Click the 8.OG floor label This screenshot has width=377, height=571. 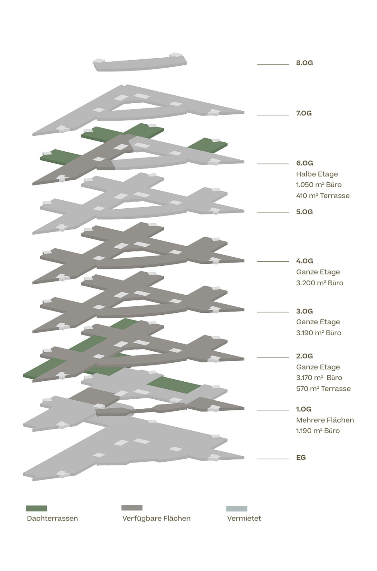(304, 63)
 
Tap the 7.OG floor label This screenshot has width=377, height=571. (304, 113)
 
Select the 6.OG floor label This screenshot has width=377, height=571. (304, 163)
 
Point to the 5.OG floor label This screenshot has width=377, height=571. (304, 212)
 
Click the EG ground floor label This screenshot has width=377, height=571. (301, 458)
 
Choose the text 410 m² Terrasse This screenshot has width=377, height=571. (323, 195)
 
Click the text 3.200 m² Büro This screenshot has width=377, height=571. (319, 283)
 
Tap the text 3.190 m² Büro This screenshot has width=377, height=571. (318, 333)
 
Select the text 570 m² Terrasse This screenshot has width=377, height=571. (323, 389)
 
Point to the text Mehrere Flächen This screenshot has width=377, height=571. (325, 420)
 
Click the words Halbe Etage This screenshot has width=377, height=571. (317, 174)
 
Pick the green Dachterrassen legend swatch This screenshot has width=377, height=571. (36, 508)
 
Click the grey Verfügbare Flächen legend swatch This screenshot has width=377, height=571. (132, 508)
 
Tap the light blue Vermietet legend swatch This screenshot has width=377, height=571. (237, 509)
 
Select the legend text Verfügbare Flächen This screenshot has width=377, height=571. (156, 519)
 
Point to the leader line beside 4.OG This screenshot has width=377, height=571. (273, 262)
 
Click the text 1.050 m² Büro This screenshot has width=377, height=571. (319, 185)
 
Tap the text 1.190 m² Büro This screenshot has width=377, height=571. (318, 431)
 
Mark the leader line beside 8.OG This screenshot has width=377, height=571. (273, 64)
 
